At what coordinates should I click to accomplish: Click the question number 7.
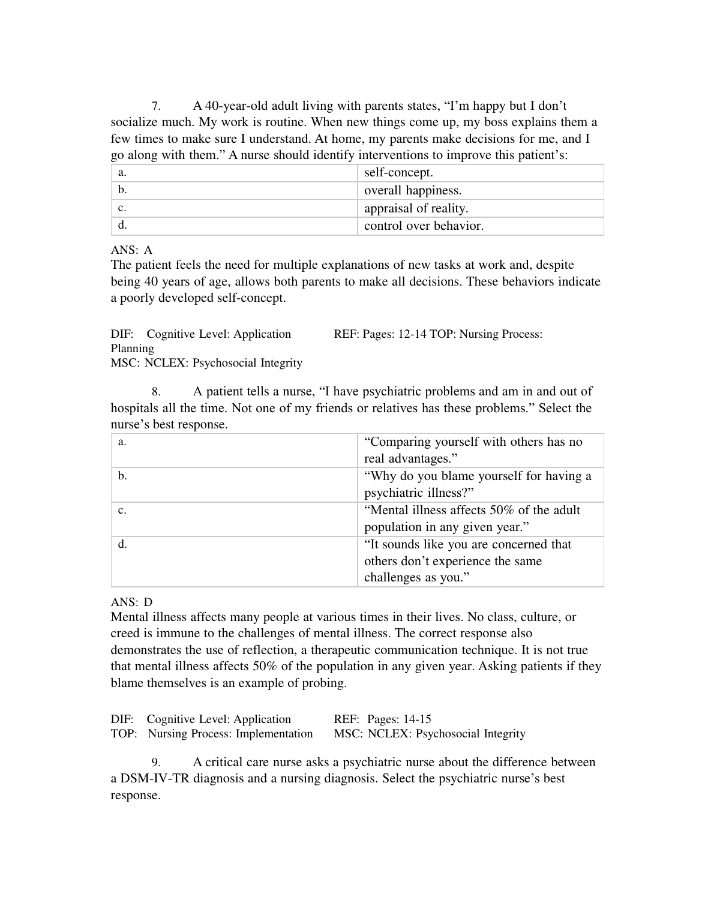(155, 107)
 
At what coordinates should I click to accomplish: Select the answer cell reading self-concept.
(398, 173)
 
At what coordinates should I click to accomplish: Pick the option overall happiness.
(413, 191)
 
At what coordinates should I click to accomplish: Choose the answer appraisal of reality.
(416, 208)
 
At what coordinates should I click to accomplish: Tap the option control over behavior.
(424, 226)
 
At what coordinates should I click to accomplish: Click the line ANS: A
(131, 250)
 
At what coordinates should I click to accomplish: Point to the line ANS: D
(131, 602)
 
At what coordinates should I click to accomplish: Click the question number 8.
(155, 392)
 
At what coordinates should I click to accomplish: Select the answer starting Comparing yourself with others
(473, 450)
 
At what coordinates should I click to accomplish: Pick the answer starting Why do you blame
(478, 484)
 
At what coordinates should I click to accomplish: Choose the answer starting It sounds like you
(467, 561)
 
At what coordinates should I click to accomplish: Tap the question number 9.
(155, 763)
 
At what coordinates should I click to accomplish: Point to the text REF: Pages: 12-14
(379, 334)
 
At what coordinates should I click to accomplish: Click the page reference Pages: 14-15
(399, 719)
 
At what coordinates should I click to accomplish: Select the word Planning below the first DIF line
(132, 349)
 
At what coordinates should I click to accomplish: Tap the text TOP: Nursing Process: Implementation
(212, 734)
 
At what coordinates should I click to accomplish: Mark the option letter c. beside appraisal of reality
(122, 208)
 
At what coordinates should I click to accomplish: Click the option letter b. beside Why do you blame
(122, 476)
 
